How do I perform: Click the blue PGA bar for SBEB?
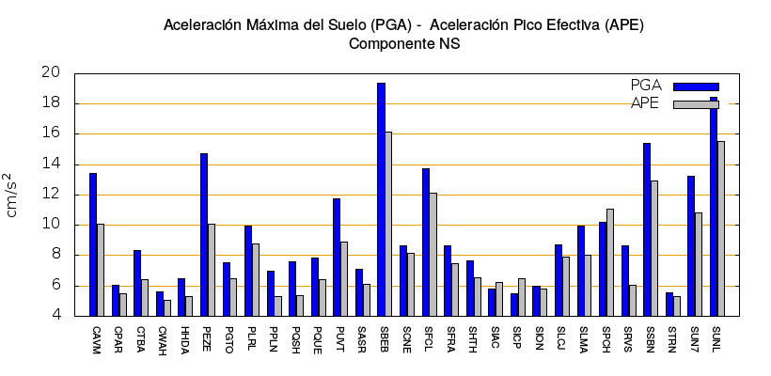click(x=381, y=199)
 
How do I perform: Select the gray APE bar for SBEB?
click(x=388, y=224)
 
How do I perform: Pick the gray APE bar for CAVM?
click(x=101, y=270)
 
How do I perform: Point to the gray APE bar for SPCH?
click(x=609, y=262)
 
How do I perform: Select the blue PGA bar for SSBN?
click(x=647, y=229)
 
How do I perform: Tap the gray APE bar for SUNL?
click(x=721, y=228)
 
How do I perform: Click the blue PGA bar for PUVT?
click(x=337, y=257)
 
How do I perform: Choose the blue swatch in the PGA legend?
click(x=696, y=86)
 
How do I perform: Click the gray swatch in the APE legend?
click(x=696, y=104)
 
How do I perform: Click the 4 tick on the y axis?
click(x=55, y=316)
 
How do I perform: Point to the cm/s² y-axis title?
click(x=12, y=195)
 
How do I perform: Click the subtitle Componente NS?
click(x=403, y=43)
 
